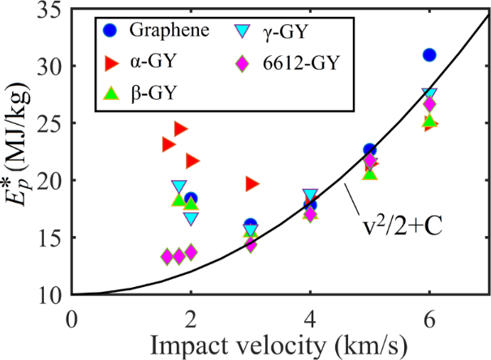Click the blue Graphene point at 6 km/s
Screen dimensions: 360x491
(429, 55)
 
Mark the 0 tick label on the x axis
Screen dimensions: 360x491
(73, 314)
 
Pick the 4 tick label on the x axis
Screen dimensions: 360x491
(310, 314)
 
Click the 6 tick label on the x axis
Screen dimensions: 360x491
(429, 314)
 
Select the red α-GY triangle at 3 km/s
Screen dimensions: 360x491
(252, 184)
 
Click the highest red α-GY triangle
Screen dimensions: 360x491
(180, 129)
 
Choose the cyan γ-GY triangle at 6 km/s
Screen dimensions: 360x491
(429, 96)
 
